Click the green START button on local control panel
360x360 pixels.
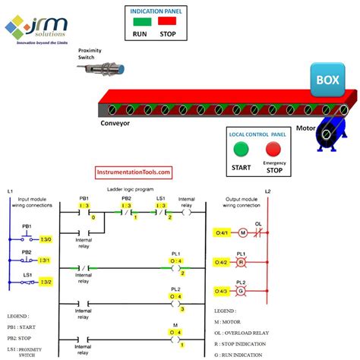click(242, 149)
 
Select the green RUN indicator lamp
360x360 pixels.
click(142, 23)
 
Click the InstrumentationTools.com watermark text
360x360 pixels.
click(133, 173)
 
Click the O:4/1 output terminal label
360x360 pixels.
click(222, 232)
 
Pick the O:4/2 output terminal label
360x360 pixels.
click(222, 262)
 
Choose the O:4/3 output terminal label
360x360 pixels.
click(222, 292)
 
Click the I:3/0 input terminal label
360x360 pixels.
click(45, 239)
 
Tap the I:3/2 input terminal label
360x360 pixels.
click(45, 282)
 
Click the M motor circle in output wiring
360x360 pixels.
click(243, 232)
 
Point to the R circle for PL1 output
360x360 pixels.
click(242, 262)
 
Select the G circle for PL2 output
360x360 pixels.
click(242, 292)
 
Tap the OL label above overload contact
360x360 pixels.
click(258, 223)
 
